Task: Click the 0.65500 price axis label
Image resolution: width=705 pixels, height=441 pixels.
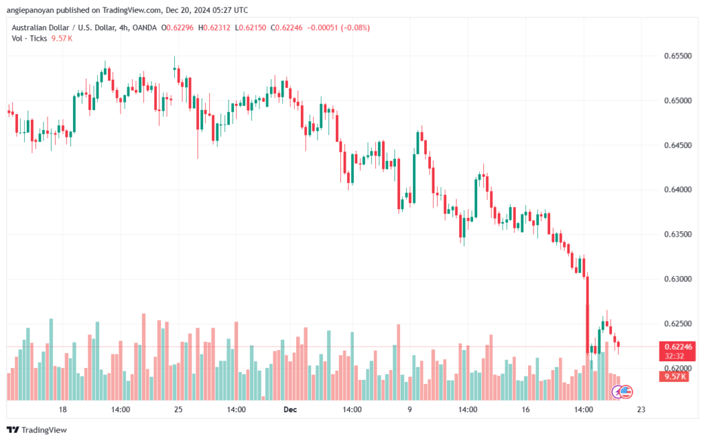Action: pos(677,56)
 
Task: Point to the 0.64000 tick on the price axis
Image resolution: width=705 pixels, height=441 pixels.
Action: pos(677,190)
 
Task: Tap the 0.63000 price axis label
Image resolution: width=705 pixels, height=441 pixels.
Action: pos(677,279)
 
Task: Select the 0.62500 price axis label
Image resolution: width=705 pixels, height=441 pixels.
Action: pos(677,324)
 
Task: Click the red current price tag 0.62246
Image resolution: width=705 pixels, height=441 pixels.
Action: pos(678,347)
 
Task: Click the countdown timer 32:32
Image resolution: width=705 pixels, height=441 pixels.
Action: pos(674,356)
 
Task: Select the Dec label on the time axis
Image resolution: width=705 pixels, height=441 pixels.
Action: pos(291,409)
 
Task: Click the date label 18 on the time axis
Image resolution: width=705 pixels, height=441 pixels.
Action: pos(63,409)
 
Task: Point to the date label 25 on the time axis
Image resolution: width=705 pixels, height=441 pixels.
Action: pos(178,409)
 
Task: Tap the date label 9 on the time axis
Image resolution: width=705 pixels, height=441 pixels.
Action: pos(410,409)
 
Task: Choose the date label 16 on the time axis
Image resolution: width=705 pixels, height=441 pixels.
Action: pos(525,409)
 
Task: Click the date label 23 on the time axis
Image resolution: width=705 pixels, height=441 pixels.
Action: pos(641,409)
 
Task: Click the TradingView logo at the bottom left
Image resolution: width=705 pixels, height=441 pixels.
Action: pos(37,430)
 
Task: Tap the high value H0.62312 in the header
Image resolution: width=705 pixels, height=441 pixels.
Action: pos(215,28)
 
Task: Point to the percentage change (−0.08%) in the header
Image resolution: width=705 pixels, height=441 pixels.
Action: pos(355,28)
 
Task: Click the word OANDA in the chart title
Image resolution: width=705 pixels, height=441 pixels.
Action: pos(145,28)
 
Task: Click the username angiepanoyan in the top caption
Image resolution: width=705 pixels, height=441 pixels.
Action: pos(30,10)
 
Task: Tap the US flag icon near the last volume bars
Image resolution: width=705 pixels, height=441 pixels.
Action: pos(626,392)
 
